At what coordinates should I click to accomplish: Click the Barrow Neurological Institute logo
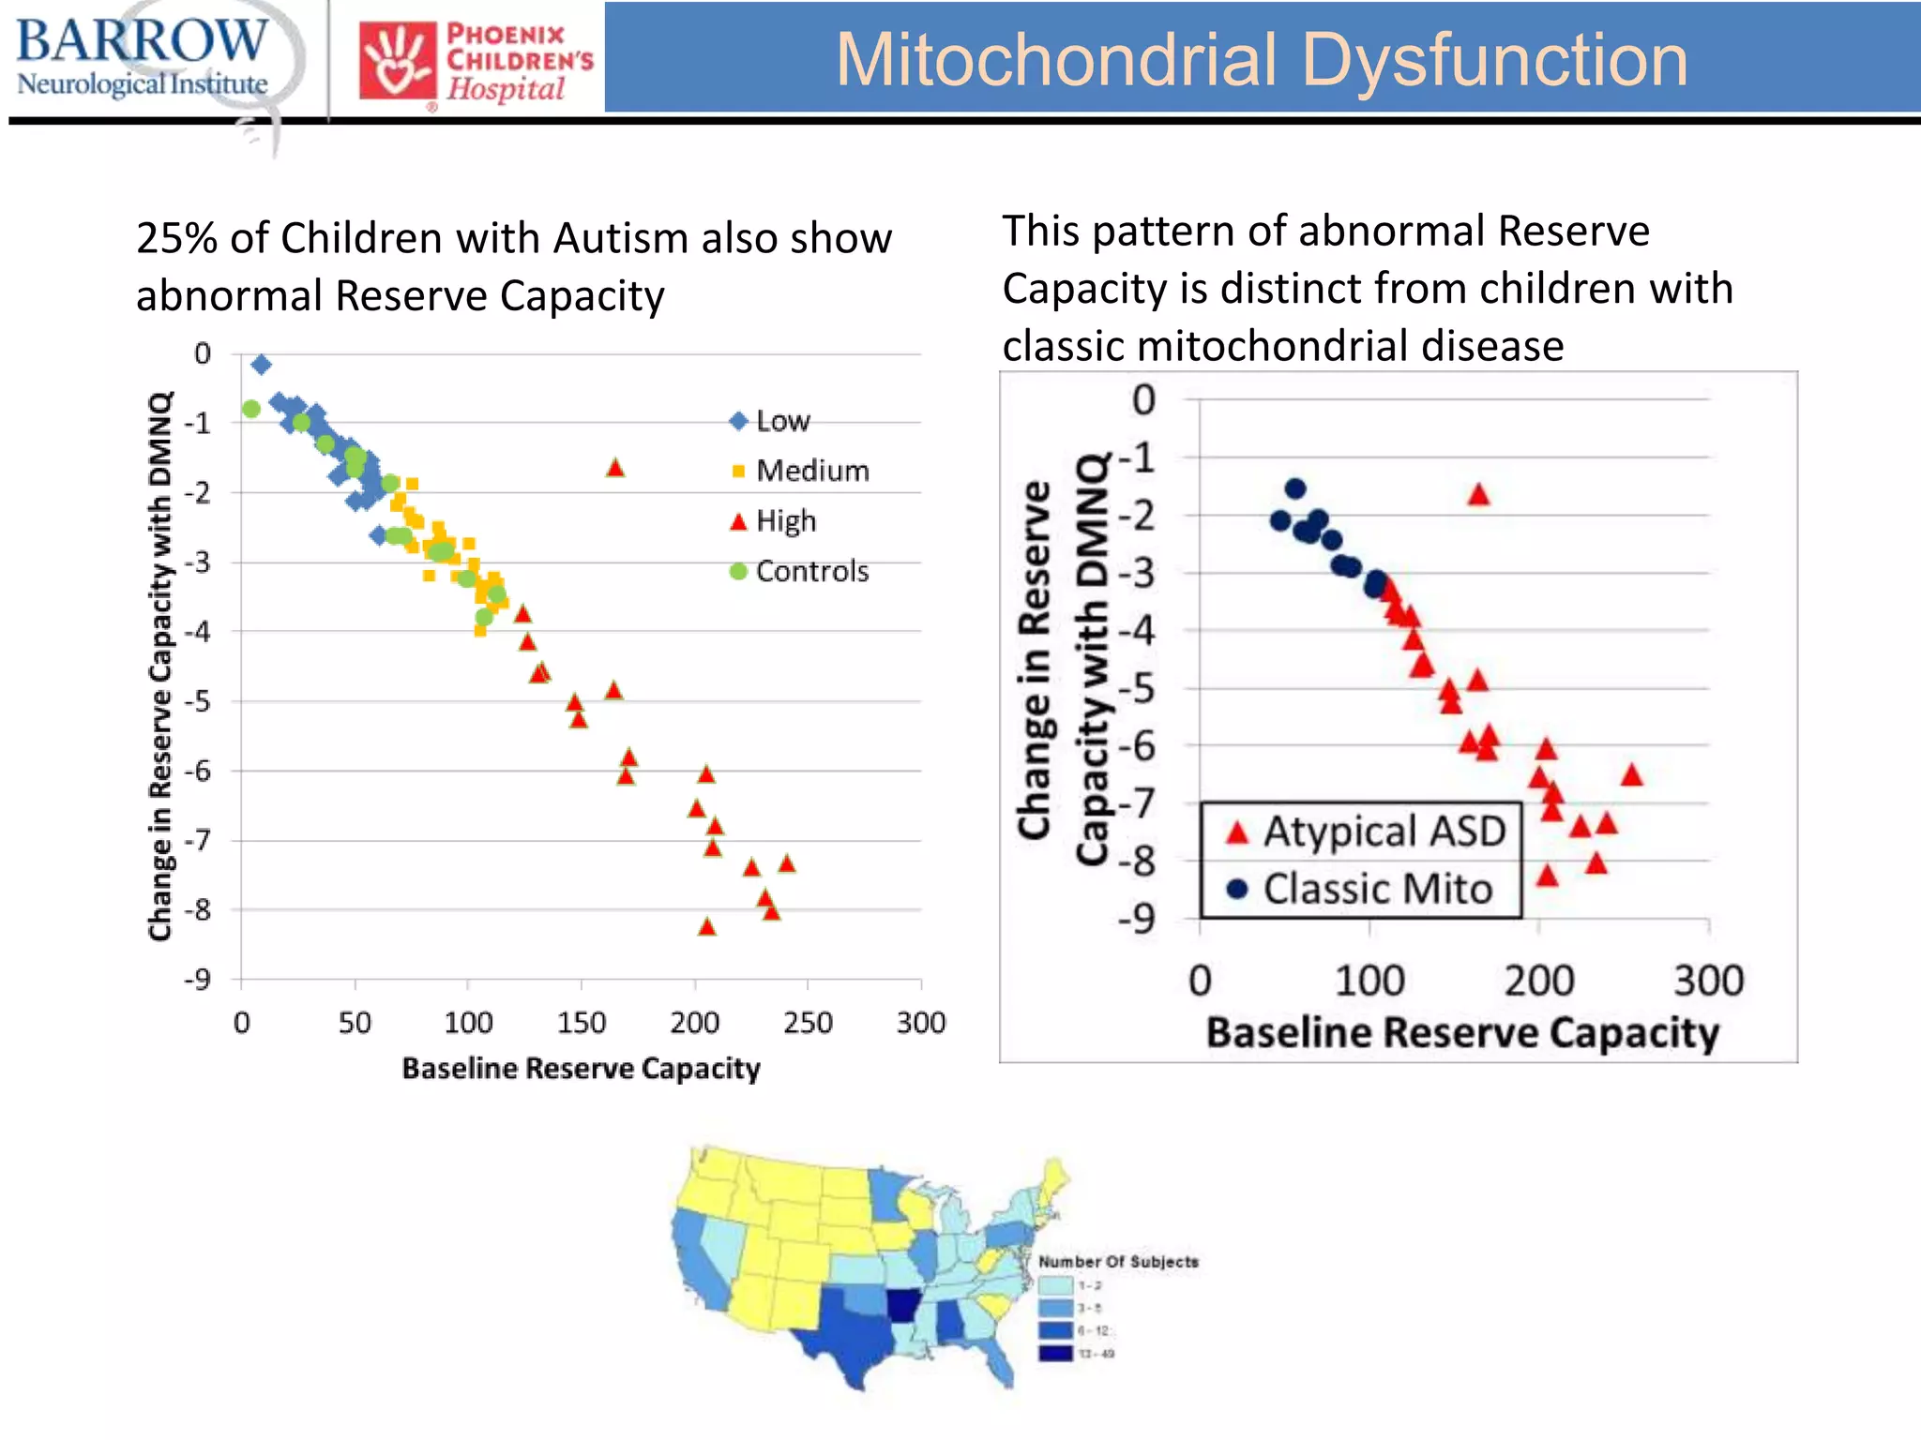[x=143, y=58]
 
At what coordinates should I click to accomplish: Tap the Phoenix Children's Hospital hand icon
[x=398, y=62]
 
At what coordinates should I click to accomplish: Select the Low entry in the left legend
[x=770, y=421]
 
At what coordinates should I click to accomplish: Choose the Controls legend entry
[x=800, y=571]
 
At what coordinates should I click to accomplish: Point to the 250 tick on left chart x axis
[x=808, y=1023]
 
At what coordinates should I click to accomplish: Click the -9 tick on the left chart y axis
[x=198, y=981]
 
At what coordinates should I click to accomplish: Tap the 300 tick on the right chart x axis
[x=1708, y=982]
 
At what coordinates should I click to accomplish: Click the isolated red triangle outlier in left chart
[x=615, y=467]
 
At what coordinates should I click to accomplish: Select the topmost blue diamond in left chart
[x=262, y=364]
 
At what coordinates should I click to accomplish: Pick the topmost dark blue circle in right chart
[x=1295, y=488]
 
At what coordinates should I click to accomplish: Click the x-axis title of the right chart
[x=1461, y=1033]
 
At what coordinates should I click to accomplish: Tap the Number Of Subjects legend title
[x=1118, y=1262]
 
